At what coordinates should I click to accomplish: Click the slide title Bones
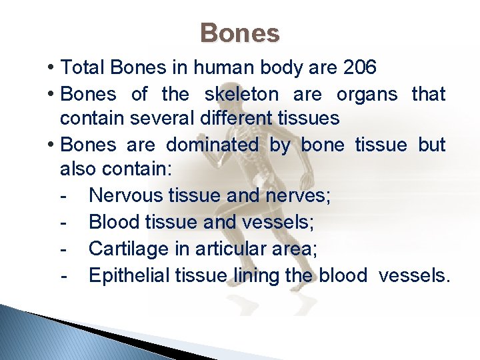click(x=240, y=33)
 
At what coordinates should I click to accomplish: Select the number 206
click(x=359, y=68)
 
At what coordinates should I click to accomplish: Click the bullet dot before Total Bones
click(x=51, y=68)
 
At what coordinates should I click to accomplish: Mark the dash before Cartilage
click(x=63, y=249)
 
